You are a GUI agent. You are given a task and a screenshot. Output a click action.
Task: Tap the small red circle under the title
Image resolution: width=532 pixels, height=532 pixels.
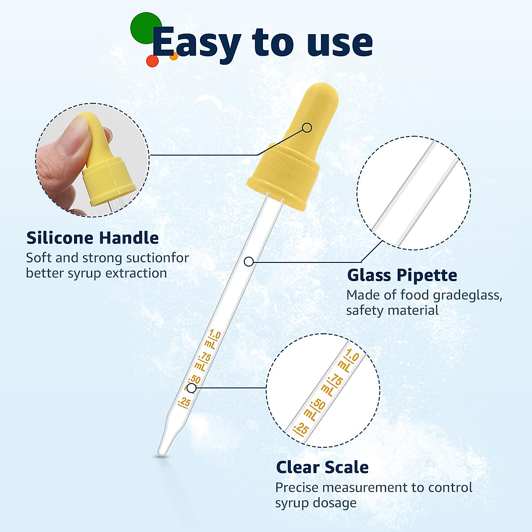tap(152, 61)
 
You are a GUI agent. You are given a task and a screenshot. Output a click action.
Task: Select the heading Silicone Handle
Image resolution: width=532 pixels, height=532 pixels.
tap(92, 238)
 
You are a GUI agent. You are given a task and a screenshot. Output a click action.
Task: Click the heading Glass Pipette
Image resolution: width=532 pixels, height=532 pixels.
tap(402, 275)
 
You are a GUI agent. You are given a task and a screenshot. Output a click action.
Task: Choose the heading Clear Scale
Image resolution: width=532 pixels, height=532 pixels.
tap(322, 467)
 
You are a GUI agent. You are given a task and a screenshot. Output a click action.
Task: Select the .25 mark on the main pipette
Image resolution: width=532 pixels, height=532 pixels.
tap(184, 403)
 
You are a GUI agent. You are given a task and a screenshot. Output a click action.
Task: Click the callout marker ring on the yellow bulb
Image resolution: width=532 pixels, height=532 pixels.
tap(307, 128)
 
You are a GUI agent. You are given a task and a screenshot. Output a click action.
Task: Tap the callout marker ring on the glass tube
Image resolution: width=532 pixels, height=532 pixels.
tap(249, 262)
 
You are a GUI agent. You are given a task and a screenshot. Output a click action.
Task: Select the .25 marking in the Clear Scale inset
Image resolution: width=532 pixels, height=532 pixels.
tap(301, 429)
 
